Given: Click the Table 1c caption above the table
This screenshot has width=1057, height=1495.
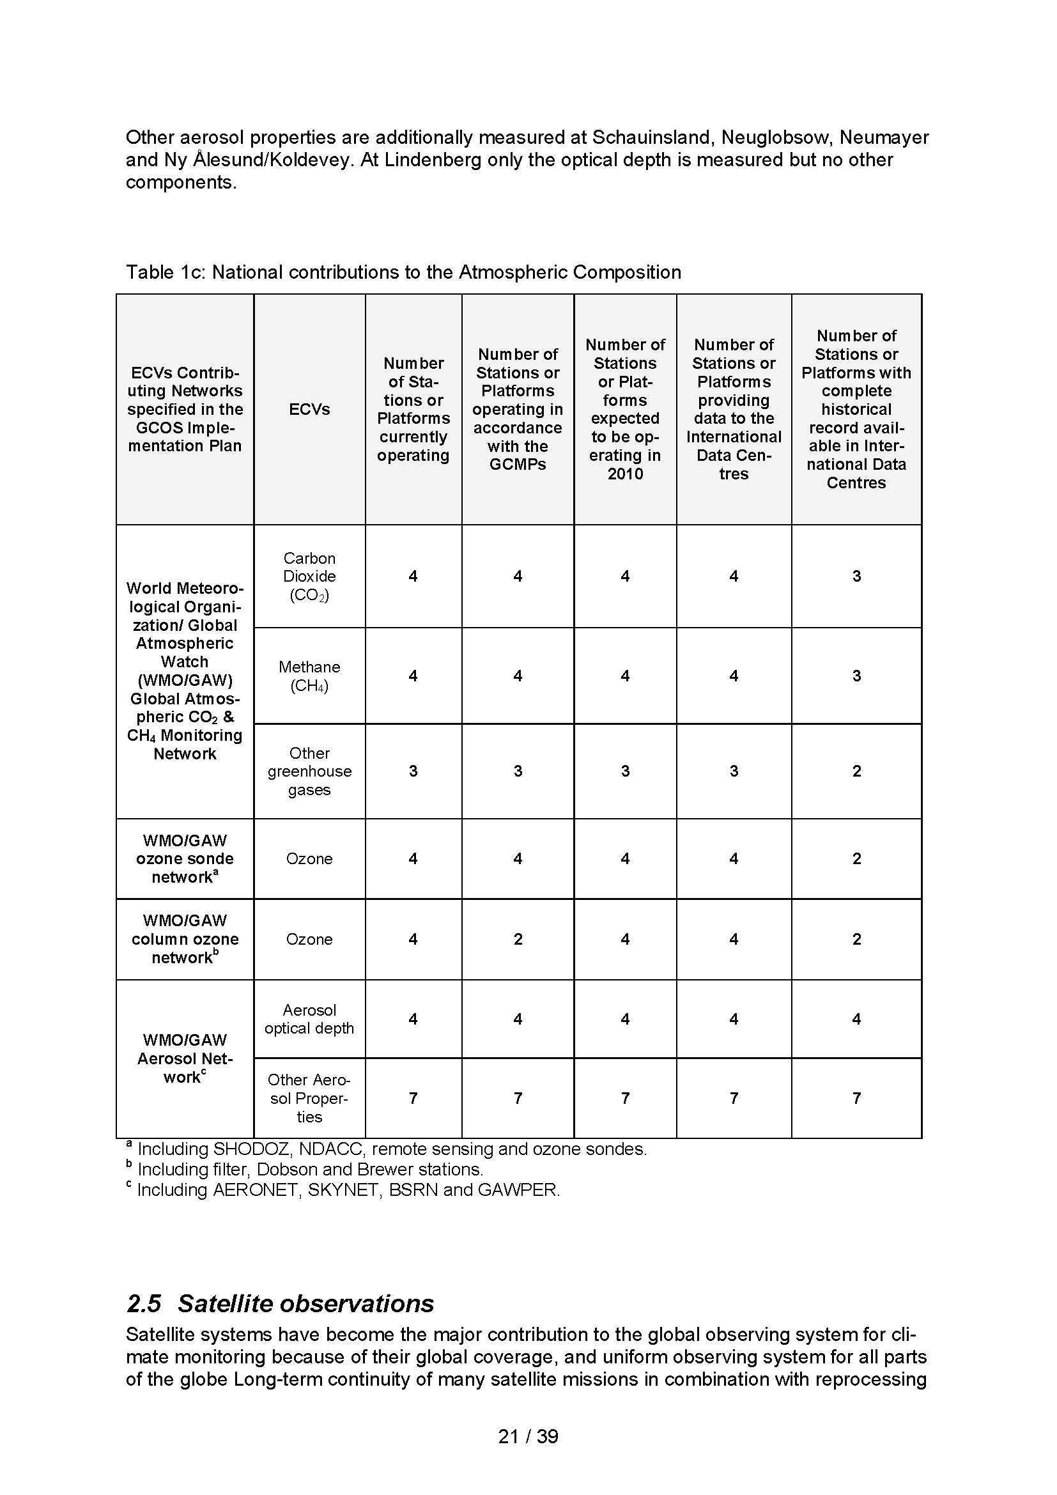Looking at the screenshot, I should click(x=403, y=272).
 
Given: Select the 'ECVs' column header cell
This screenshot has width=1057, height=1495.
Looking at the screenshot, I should click(x=309, y=410).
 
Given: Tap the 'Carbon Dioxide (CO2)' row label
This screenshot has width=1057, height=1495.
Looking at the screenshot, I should click(x=309, y=577).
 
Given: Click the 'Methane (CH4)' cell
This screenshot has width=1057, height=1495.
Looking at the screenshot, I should click(x=309, y=676).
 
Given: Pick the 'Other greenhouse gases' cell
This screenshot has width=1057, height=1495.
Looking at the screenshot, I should click(x=309, y=771).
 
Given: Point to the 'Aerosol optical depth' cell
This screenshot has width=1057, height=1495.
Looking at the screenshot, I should click(x=309, y=1019).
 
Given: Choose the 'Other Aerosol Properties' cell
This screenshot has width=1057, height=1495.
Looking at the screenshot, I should click(x=309, y=1099).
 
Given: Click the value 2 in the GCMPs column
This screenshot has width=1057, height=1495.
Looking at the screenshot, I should click(x=518, y=939).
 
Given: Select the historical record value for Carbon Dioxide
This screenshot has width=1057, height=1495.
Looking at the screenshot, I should click(x=856, y=577).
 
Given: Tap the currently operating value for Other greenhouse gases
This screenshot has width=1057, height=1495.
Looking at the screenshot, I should click(x=413, y=771).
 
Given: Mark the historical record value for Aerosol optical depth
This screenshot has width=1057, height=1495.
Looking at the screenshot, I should click(x=856, y=1019).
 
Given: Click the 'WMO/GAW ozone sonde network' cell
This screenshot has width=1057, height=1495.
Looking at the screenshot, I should click(x=185, y=859).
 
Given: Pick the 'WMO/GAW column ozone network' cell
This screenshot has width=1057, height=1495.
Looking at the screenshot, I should click(x=185, y=939).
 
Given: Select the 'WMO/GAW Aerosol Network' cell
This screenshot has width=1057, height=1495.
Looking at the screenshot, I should click(x=185, y=1058).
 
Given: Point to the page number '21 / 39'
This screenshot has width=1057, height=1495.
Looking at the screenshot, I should click(x=528, y=1436).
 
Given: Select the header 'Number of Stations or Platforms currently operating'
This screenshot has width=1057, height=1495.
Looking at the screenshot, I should click(x=413, y=410).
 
